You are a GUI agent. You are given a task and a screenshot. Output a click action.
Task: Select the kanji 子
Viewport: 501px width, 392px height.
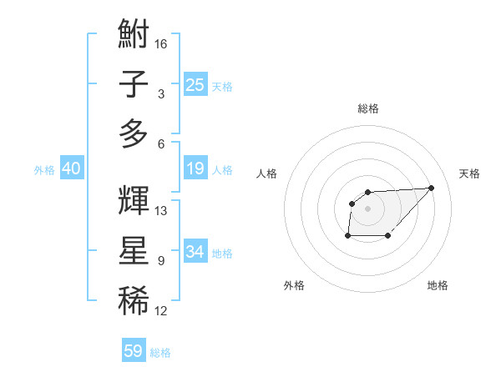(134, 85)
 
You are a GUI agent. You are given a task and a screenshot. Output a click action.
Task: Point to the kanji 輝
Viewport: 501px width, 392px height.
(134, 200)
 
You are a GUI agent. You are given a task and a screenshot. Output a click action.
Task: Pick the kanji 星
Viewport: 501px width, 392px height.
(134, 251)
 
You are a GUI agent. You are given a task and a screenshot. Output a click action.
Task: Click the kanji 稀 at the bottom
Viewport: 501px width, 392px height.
(134, 301)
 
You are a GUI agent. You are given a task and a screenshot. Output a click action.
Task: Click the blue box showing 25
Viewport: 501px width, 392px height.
(195, 84)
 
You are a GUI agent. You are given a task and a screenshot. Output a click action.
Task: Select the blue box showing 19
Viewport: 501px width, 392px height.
(195, 168)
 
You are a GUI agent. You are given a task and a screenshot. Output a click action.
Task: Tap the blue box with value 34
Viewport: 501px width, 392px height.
(195, 251)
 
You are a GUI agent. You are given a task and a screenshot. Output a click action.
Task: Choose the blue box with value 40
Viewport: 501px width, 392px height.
(71, 168)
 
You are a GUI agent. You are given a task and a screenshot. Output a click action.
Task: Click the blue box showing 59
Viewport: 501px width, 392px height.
(134, 351)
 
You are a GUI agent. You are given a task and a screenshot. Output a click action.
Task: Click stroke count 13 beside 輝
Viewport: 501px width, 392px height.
(161, 210)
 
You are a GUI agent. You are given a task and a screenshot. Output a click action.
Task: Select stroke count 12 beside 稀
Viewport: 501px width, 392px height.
(161, 311)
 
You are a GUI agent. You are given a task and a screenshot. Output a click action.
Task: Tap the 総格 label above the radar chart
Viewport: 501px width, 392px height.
(368, 108)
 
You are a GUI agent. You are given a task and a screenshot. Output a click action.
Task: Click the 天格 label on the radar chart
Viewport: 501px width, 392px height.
(469, 173)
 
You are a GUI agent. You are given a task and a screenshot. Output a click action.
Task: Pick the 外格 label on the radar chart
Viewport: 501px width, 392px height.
(294, 285)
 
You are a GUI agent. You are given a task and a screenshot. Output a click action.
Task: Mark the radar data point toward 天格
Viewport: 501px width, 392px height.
(432, 188)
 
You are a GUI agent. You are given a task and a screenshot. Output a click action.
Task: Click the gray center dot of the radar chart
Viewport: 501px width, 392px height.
(368, 208)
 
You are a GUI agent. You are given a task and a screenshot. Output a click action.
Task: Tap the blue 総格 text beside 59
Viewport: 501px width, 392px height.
(160, 353)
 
